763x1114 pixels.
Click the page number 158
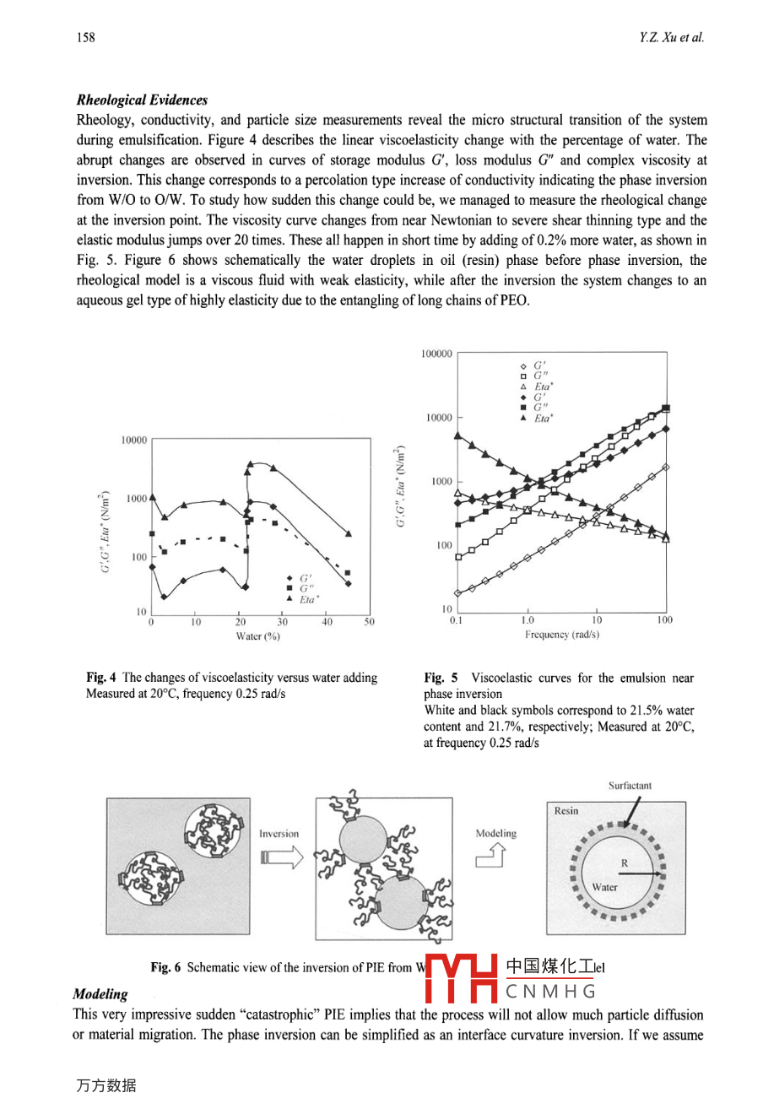(85, 37)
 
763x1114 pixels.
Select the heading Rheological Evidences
(142, 100)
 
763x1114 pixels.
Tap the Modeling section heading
(100, 994)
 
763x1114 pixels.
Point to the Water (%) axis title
(257, 636)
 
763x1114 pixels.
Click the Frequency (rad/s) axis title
(562, 634)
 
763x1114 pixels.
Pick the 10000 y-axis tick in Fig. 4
(133, 441)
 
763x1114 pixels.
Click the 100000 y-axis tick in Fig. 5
(436, 354)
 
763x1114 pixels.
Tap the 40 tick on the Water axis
(327, 622)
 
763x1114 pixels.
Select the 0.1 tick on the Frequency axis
(457, 620)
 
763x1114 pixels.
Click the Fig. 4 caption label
(101, 678)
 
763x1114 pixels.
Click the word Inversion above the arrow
(279, 834)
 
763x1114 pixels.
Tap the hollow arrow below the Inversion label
(281, 857)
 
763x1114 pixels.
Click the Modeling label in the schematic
(495, 833)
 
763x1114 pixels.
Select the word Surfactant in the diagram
(630, 786)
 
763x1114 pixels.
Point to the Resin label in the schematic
(566, 811)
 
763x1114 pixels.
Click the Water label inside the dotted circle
(604, 887)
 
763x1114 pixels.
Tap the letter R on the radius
(625, 863)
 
